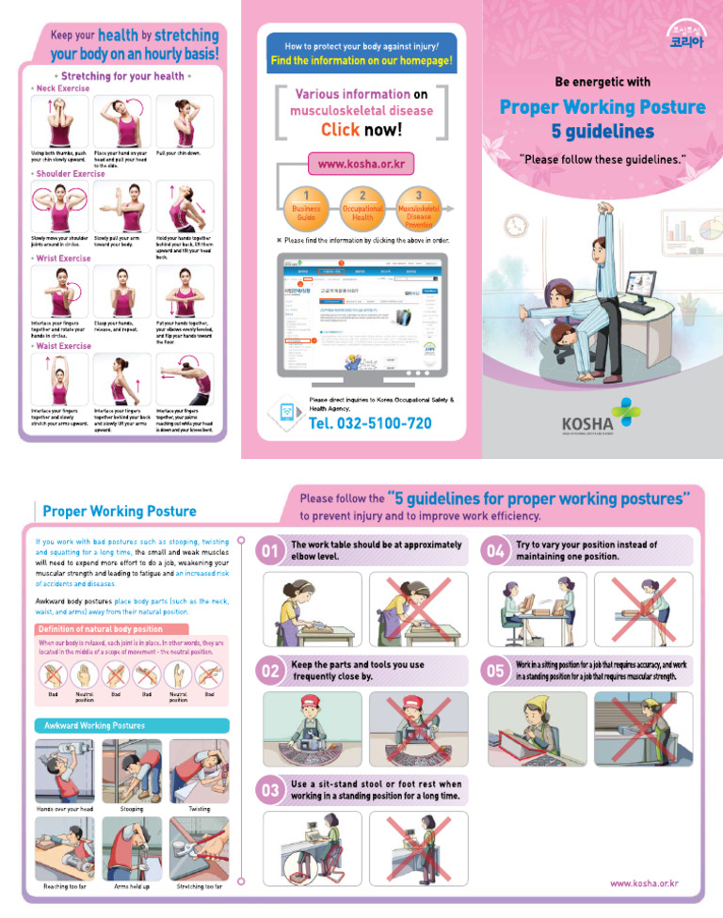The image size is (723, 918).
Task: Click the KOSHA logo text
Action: coord(588,425)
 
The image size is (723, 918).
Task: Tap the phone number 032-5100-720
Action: coord(370,423)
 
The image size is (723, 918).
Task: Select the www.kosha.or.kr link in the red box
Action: coord(361,164)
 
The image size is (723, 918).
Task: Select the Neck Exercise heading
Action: coord(61,88)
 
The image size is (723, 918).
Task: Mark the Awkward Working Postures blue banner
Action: coord(131,725)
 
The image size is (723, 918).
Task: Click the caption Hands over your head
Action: coord(64,809)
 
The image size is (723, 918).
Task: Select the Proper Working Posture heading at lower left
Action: coord(120,511)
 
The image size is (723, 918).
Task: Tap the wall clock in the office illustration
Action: coord(516,227)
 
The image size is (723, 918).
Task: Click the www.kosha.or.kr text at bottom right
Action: coord(644,884)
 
